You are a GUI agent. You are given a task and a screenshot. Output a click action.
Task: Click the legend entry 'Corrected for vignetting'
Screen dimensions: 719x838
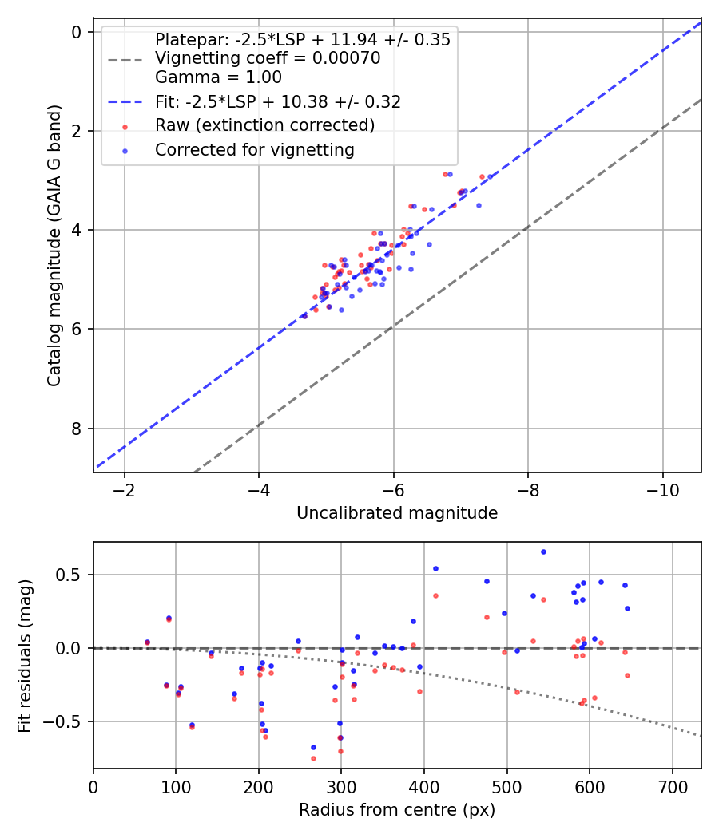pos(255,150)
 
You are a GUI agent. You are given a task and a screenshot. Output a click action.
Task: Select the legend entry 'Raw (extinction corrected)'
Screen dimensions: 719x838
pos(264,125)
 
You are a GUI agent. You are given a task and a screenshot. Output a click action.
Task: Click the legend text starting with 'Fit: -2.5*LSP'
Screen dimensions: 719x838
pos(278,101)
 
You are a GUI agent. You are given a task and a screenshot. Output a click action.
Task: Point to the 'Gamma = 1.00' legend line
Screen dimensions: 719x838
pos(218,77)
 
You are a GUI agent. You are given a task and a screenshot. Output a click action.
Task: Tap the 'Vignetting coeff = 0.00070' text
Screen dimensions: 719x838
pos(268,58)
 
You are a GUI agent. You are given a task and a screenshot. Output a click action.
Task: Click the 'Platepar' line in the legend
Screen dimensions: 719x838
pos(303,40)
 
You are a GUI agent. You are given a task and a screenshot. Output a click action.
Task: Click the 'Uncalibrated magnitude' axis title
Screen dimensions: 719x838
pos(397,513)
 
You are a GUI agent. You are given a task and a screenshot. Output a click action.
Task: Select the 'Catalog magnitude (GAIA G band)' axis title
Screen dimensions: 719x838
pos(54,245)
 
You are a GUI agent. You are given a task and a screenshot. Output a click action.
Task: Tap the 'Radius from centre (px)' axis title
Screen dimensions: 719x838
pos(397,810)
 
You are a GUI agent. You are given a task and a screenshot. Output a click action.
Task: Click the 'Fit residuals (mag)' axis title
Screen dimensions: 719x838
pos(25,656)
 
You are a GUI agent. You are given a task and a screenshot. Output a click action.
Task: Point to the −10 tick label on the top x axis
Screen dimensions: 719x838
pos(662,491)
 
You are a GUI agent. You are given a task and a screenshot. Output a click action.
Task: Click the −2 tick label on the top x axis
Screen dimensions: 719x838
pos(125,491)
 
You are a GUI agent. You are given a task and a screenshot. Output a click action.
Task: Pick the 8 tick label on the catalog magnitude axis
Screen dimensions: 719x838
pos(77,429)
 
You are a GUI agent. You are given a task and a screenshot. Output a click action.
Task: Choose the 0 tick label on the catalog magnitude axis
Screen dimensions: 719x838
pos(77,32)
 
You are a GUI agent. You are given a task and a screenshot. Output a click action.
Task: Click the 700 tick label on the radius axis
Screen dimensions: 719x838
pos(673,787)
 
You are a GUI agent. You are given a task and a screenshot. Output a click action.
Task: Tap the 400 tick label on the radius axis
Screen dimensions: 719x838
pos(424,787)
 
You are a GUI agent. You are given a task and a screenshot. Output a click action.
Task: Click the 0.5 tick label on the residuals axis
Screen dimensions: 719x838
pos(69,575)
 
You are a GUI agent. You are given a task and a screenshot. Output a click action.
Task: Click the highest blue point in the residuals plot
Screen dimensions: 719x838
pos(543,552)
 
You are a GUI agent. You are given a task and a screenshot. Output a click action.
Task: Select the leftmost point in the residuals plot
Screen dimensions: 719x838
pos(148,642)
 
